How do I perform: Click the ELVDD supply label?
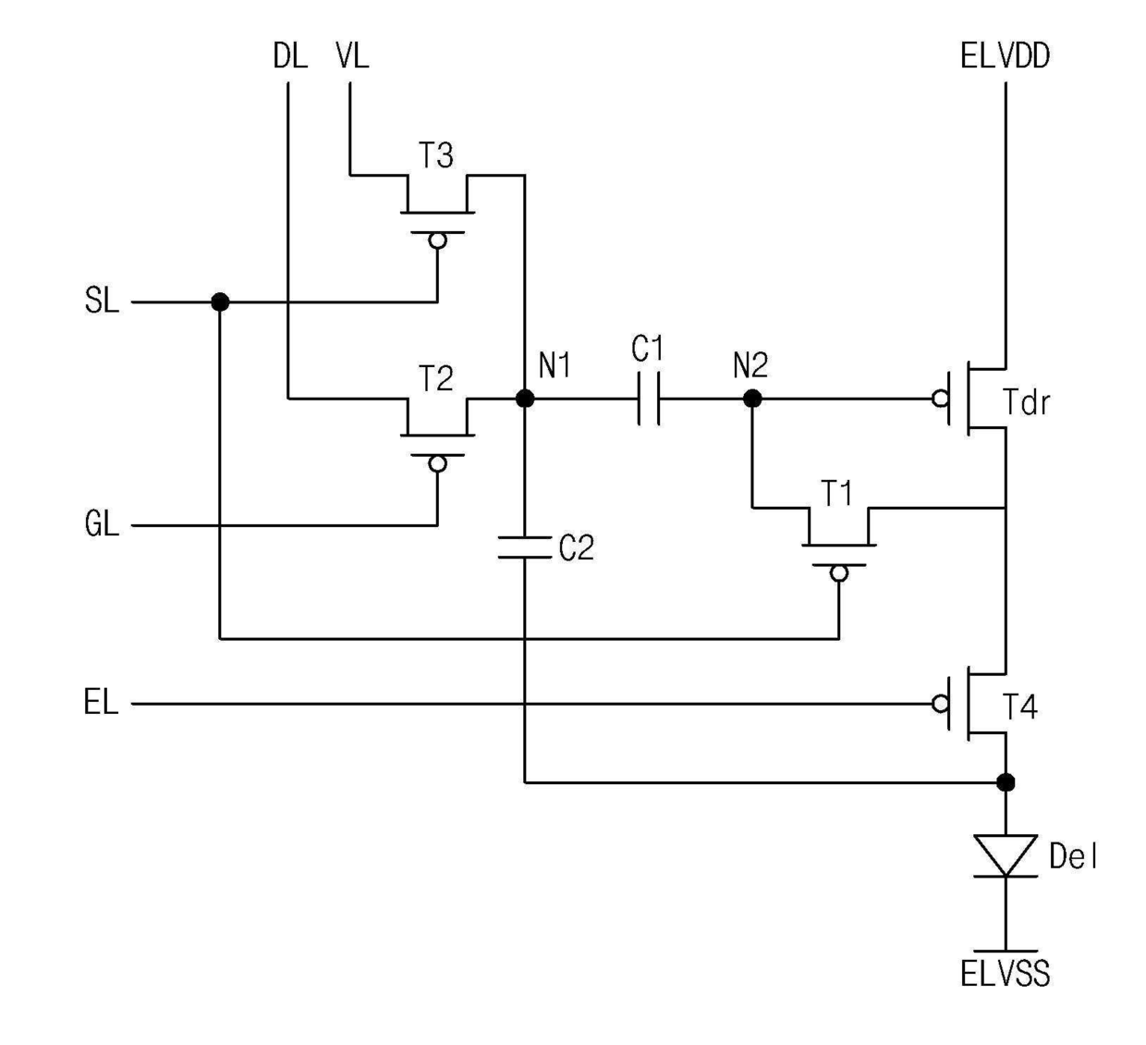coord(1005,56)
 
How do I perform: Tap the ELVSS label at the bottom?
coord(1005,974)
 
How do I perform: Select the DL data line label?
coord(290,56)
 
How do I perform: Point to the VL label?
coord(352,56)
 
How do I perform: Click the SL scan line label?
coord(102,301)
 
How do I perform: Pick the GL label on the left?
coord(102,523)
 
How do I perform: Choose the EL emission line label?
coord(101,702)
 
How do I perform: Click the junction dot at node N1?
coord(525,399)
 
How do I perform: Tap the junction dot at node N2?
coord(752,399)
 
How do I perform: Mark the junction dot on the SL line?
coord(220,301)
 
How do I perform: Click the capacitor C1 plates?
coord(649,399)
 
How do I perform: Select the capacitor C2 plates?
coord(525,547)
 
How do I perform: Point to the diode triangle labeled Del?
coord(1006,855)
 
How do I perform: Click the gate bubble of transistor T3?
coord(437,240)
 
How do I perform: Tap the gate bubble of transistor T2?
coord(437,463)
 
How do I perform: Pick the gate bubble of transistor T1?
coord(838,572)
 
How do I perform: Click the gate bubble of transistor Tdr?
coord(940,399)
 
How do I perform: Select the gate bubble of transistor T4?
coord(940,704)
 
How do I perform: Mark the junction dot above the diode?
coord(1006,782)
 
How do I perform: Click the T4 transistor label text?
coord(1020,707)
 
